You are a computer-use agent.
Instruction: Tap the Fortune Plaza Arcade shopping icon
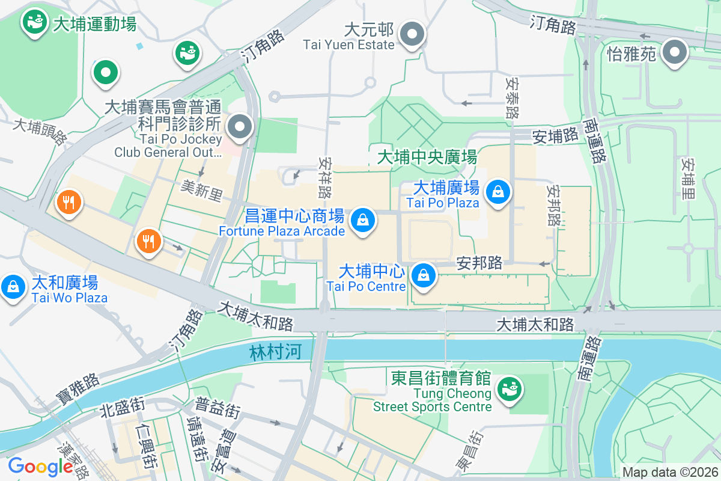(363, 220)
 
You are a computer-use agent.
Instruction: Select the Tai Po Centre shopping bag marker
(424, 275)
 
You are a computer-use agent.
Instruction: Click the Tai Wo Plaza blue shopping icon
(13, 286)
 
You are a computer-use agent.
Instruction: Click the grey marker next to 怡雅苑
(675, 52)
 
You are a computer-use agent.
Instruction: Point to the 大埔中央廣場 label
(427, 158)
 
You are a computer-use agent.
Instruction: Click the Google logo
(40, 467)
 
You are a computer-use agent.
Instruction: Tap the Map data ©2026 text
(669, 473)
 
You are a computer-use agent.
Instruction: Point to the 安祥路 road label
(326, 178)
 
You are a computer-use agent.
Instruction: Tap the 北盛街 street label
(122, 408)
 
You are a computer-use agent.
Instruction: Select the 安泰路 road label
(512, 97)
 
